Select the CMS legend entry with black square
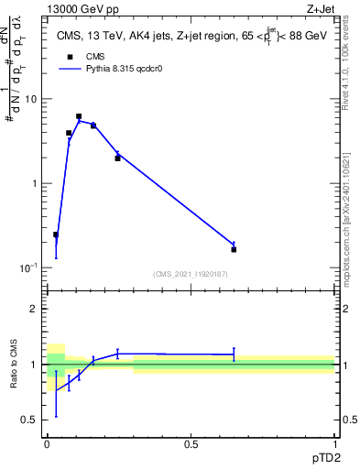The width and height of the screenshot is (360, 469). click(70, 56)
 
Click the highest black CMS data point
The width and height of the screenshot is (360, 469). click(79, 116)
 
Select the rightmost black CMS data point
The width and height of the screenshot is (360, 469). click(234, 249)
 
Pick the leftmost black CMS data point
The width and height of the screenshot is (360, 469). click(56, 234)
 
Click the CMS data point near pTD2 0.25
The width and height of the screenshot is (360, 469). click(117, 158)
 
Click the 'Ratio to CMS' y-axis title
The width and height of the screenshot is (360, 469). click(16, 365)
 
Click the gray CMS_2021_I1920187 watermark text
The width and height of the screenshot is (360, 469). click(191, 273)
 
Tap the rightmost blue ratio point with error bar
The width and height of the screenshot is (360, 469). click(234, 354)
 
